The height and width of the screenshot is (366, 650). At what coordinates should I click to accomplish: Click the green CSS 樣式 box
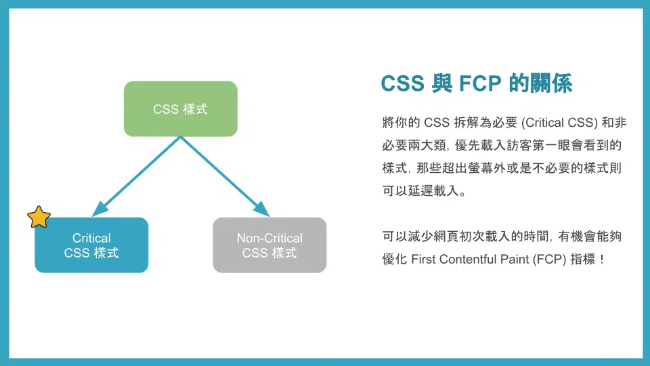coord(180,108)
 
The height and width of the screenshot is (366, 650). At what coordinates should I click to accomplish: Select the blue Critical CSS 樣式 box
coord(91,245)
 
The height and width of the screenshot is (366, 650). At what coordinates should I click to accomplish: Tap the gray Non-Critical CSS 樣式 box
coord(269,245)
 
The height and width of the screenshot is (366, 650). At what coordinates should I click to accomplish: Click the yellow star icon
coord(39,217)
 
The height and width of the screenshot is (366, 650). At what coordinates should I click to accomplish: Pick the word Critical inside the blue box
coord(91,238)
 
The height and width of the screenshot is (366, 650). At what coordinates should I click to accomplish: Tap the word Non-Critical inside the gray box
coord(269,238)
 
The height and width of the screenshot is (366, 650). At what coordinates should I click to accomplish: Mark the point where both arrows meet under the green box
coord(181,137)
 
